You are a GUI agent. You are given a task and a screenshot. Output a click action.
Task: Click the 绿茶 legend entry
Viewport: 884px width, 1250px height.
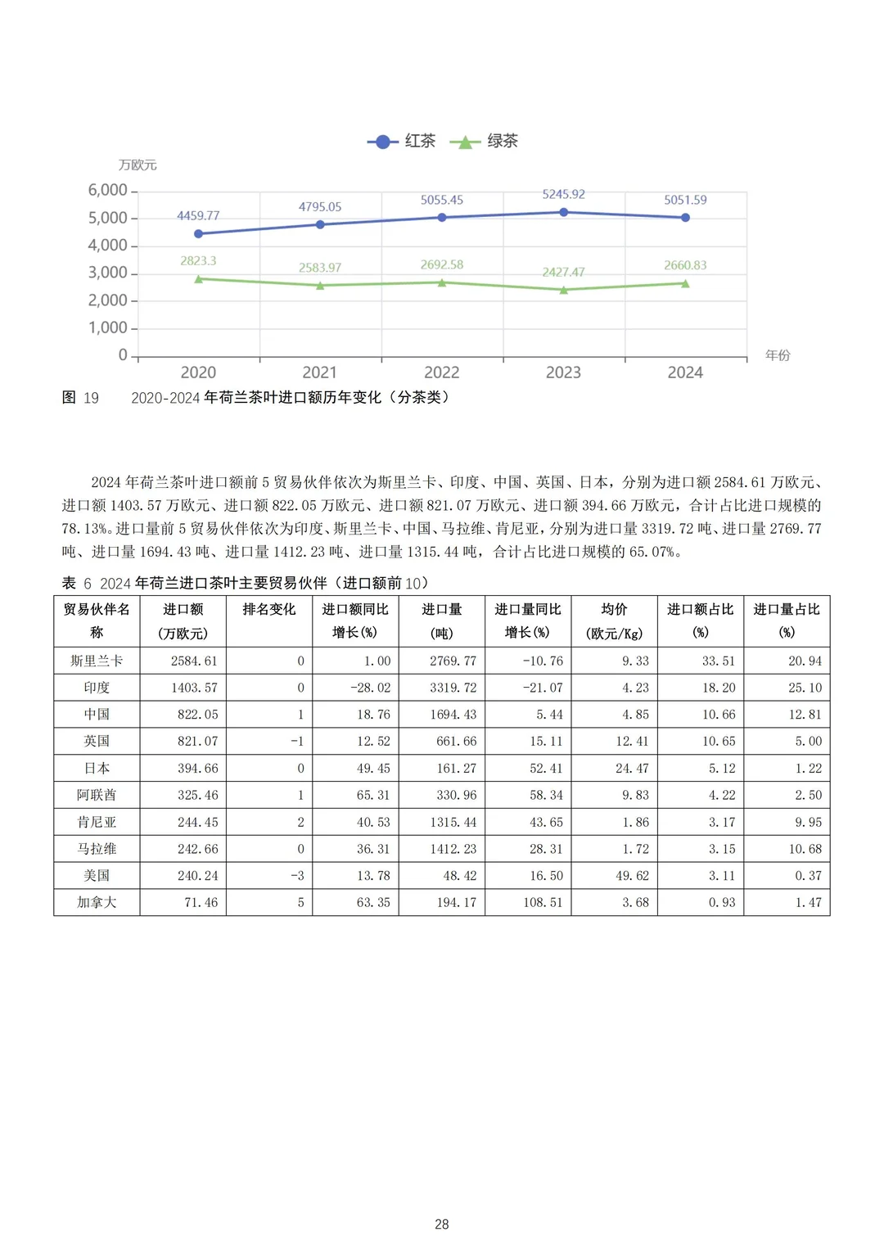click(485, 142)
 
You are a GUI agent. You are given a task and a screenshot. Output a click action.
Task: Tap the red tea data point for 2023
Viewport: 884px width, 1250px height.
click(564, 212)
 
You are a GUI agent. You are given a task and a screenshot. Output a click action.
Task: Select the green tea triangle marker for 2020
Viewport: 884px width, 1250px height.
click(198, 279)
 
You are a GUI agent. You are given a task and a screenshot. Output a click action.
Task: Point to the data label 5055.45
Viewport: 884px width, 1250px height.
click(442, 200)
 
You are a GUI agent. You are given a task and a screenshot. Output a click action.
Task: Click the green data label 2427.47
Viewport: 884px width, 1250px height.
click(563, 272)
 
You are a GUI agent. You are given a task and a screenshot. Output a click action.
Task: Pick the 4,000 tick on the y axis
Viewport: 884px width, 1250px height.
click(108, 246)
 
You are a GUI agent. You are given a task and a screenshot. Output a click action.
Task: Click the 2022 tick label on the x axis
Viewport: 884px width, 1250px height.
click(442, 372)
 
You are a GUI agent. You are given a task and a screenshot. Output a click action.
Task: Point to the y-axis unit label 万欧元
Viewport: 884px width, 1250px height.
click(138, 165)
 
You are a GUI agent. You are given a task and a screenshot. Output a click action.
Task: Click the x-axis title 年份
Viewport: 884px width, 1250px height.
click(778, 355)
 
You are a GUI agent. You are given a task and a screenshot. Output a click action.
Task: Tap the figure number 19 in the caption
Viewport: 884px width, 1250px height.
click(91, 398)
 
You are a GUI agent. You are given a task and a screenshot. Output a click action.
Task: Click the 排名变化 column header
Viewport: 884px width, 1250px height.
click(269, 610)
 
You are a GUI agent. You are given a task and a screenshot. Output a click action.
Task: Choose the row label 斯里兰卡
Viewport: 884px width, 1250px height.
click(97, 661)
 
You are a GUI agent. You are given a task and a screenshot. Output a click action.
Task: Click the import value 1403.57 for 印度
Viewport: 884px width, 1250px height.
click(194, 688)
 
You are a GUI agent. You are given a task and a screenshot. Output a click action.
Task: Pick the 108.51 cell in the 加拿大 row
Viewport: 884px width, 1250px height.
click(543, 902)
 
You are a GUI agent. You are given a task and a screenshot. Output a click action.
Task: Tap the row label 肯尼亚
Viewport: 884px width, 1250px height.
click(97, 822)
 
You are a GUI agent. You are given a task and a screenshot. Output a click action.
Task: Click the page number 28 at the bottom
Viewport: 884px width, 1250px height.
click(442, 1225)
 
